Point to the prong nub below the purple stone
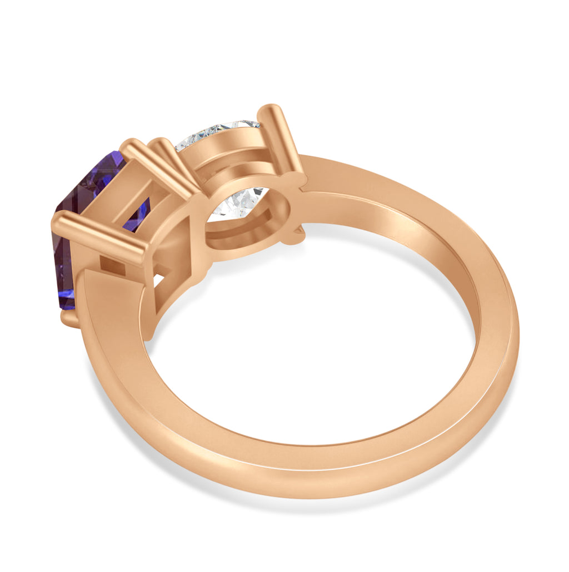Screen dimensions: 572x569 click(70, 318)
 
